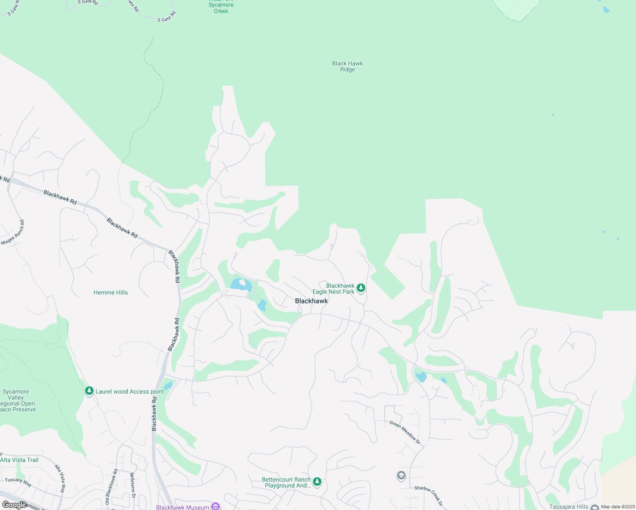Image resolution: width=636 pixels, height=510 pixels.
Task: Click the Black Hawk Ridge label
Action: pos(347,66)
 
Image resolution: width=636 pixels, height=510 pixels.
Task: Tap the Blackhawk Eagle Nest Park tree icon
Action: pos(361,288)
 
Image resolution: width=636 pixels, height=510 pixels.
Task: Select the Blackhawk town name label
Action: pos(312,301)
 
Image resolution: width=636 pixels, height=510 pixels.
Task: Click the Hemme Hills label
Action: pos(111,292)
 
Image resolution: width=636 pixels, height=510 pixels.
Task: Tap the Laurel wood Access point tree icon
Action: pos(89,391)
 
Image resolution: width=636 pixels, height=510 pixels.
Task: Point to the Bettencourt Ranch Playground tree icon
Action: pos(317,482)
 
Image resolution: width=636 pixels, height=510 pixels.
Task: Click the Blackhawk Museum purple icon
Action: pos(216,506)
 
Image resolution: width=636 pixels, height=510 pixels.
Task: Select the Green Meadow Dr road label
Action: pos(405,433)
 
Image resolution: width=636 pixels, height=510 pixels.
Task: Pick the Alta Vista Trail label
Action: pos(20,460)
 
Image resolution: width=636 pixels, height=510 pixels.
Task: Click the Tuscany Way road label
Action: pos(18,482)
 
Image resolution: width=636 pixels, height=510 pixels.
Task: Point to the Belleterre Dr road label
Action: pos(133,484)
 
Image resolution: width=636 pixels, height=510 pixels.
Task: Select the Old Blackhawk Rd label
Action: pos(111,487)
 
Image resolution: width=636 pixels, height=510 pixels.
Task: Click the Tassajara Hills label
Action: pos(569,507)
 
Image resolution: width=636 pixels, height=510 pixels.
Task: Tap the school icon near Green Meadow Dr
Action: pos(401,475)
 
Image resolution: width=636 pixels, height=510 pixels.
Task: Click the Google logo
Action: pos(14,505)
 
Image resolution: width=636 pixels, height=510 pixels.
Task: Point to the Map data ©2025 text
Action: pos(618,507)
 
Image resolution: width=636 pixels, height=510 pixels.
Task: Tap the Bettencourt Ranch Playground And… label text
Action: pos(286,482)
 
